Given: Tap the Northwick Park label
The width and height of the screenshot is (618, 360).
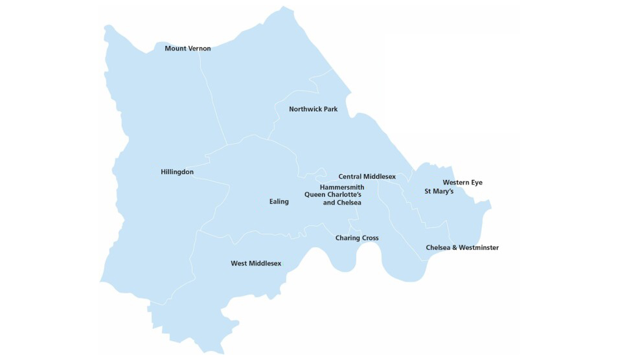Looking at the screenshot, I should [313, 109].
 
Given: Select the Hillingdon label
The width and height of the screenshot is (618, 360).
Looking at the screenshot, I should [177, 172].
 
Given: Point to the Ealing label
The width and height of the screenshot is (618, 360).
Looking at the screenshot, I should [279, 201].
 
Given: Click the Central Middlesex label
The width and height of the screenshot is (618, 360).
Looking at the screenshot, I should [367, 176].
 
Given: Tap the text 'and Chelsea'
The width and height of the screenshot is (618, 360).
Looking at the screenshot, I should [341, 203].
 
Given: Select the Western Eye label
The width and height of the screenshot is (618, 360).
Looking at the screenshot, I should [462, 183].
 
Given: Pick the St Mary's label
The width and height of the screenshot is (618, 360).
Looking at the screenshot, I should [439, 192].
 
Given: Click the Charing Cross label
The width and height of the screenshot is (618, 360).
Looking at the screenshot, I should [356, 238].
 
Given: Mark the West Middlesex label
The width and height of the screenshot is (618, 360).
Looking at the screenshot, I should [256, 264].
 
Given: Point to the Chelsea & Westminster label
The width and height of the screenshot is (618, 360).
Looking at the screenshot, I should [462, 248].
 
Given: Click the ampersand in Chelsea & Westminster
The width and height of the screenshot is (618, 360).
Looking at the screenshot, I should [453, 248].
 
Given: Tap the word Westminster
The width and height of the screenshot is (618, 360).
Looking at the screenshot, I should [478, 248].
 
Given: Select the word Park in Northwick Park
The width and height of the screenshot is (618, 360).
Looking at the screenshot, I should [329, 109].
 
